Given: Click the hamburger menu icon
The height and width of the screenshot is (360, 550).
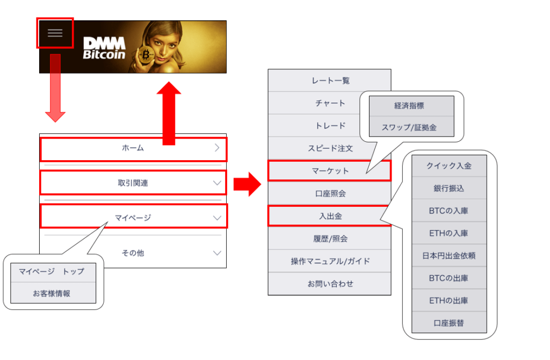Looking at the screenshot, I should [55, 33].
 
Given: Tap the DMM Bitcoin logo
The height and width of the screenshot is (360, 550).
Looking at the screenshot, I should [104, 48].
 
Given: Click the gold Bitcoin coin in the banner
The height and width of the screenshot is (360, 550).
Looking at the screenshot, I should [146, 55].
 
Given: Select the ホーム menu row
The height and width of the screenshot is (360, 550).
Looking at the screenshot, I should [133, 148].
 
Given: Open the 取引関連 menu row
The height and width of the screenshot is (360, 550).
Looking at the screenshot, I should [133, 183].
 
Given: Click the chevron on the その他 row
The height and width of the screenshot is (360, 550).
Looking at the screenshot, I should [217, 253].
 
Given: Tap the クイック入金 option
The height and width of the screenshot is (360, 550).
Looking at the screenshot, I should [448, 166].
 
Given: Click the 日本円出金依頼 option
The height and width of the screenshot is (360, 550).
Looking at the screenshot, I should [448, 256].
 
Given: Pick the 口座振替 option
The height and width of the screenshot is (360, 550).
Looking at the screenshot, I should [448, 323].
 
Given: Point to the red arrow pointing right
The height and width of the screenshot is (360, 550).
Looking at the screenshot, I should [247, 184].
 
